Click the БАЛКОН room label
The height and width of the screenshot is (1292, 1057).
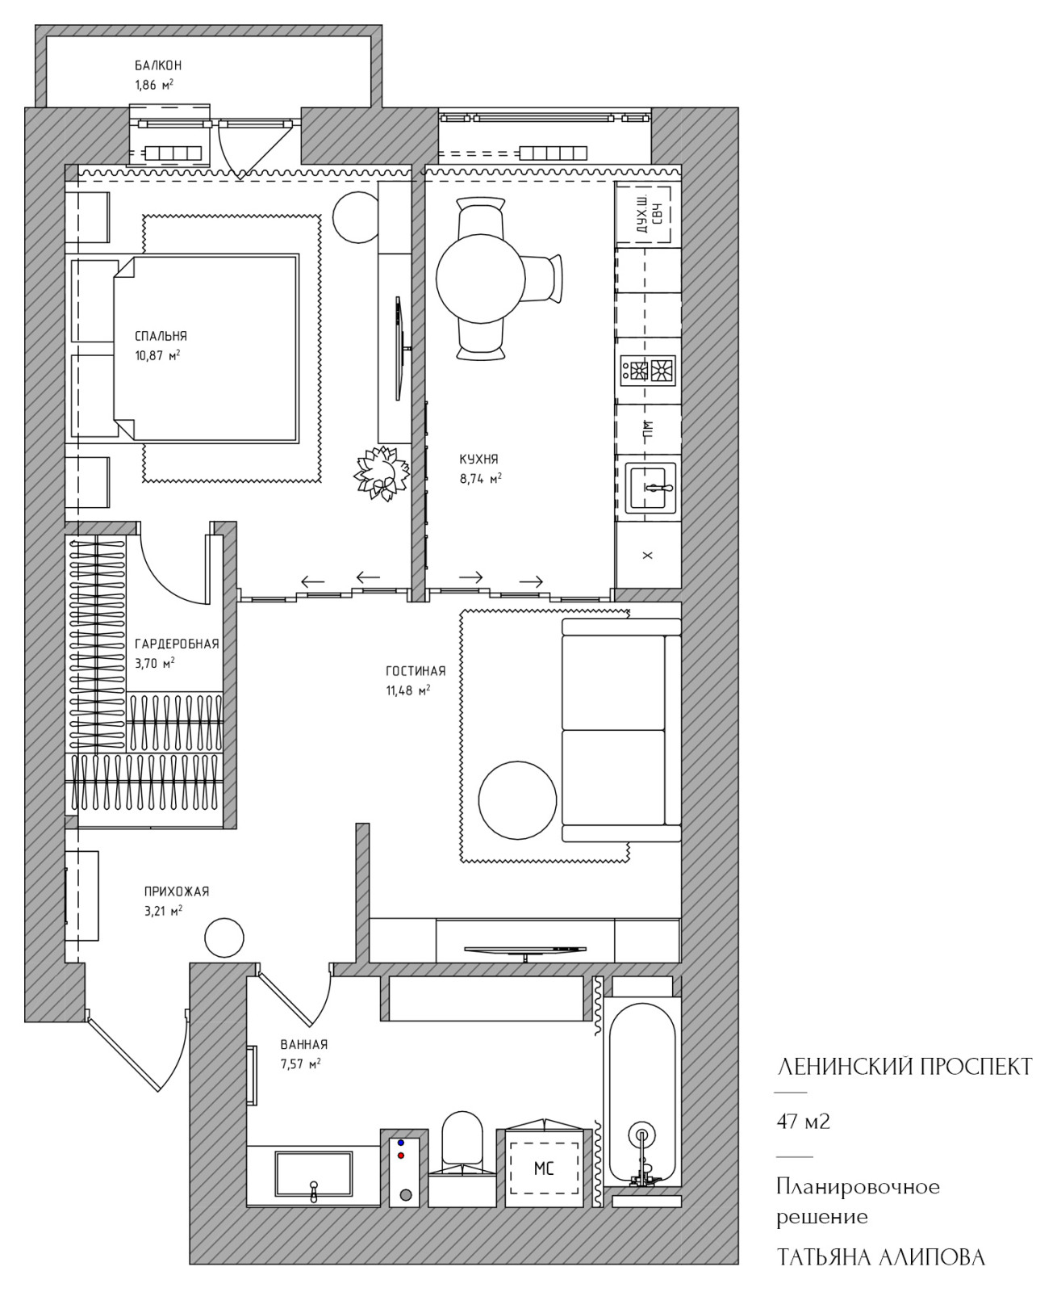point(158,65)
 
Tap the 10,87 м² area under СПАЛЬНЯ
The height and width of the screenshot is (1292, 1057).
point(157,355)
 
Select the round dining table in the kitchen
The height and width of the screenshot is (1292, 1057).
point(480,279)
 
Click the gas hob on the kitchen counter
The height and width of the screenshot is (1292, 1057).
point(648,371)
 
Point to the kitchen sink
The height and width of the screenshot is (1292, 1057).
point(651,489)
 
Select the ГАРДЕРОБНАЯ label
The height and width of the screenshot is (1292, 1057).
point(177,644)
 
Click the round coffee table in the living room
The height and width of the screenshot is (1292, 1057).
point(518,800)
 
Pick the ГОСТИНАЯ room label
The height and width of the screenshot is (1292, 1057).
point(416,671)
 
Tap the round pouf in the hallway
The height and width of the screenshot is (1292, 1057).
point(224,938)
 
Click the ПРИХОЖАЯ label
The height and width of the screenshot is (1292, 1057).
point(177,891)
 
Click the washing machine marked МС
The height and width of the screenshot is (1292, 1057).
point(544,1168)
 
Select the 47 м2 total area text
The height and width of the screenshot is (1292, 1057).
point(803,1122)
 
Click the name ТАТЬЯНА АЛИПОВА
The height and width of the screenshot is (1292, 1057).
point(881,1258)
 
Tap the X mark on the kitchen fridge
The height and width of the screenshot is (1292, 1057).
point(648,556)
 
